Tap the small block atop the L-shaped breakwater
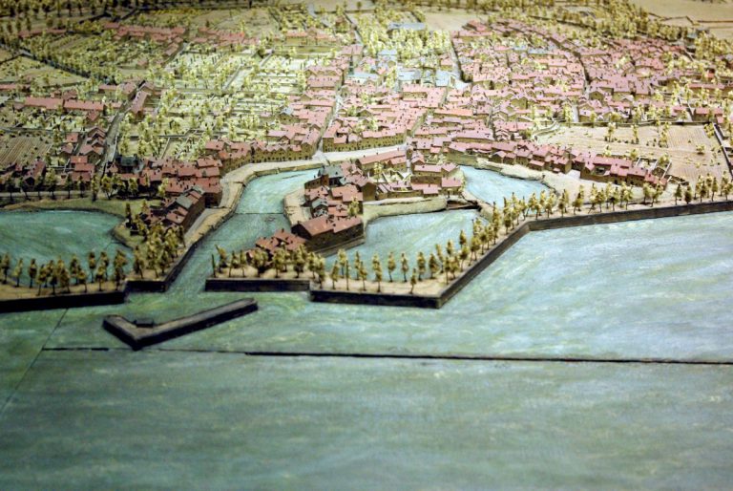pyautogui.click(x=144, y=323)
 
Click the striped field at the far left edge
pyautogui.click(x=19, y=148)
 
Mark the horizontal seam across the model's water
pyautogui.click(x=429, y=356)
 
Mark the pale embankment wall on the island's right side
pyautogui.click(x=406, y=205)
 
